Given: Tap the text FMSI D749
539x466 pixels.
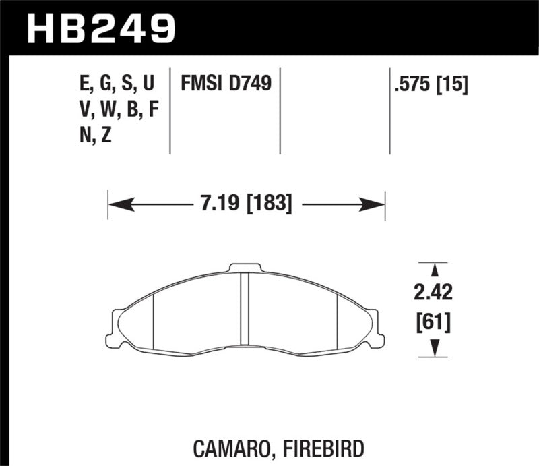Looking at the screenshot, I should (225, 84).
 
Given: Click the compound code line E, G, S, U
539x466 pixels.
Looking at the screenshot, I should (116, 84).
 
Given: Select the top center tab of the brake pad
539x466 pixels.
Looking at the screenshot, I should (245, 268).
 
